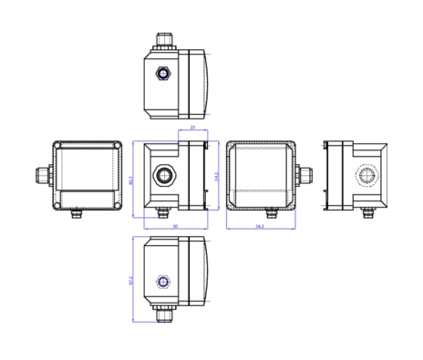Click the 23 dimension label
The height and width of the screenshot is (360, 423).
[x=192, y=128]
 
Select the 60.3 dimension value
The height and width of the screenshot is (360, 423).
[x=131, y=180]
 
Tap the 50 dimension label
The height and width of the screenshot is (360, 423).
[x=175, y=226]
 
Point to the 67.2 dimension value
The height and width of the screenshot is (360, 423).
[x=131, y=279]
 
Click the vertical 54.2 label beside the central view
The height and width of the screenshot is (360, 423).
[x=216, y=176]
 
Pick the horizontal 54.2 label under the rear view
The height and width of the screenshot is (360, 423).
[x=260, y=226]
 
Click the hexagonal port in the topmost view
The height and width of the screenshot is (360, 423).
[x=163, y=73]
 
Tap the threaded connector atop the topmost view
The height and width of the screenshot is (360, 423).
[x=163, y=40]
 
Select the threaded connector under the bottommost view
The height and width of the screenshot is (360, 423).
[x=163, y=314]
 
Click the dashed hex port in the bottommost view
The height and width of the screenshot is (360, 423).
[x=163, y=282]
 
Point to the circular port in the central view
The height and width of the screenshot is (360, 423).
[x=163, y=175]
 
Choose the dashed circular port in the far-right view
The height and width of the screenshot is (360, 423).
[x=366, y=176]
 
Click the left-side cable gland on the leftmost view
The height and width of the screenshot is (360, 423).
[x=44, y=175]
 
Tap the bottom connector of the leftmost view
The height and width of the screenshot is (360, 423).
[x=76, y=214]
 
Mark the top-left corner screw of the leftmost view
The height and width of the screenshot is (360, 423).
[x=58, y=147]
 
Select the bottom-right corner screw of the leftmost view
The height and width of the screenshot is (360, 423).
[x=117, y=205]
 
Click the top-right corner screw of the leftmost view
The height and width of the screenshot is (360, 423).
[x=117, y=147]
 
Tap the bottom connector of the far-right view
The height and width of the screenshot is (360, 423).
[x=367, y=214]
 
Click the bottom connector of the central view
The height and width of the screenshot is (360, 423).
[x=164, y=214]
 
